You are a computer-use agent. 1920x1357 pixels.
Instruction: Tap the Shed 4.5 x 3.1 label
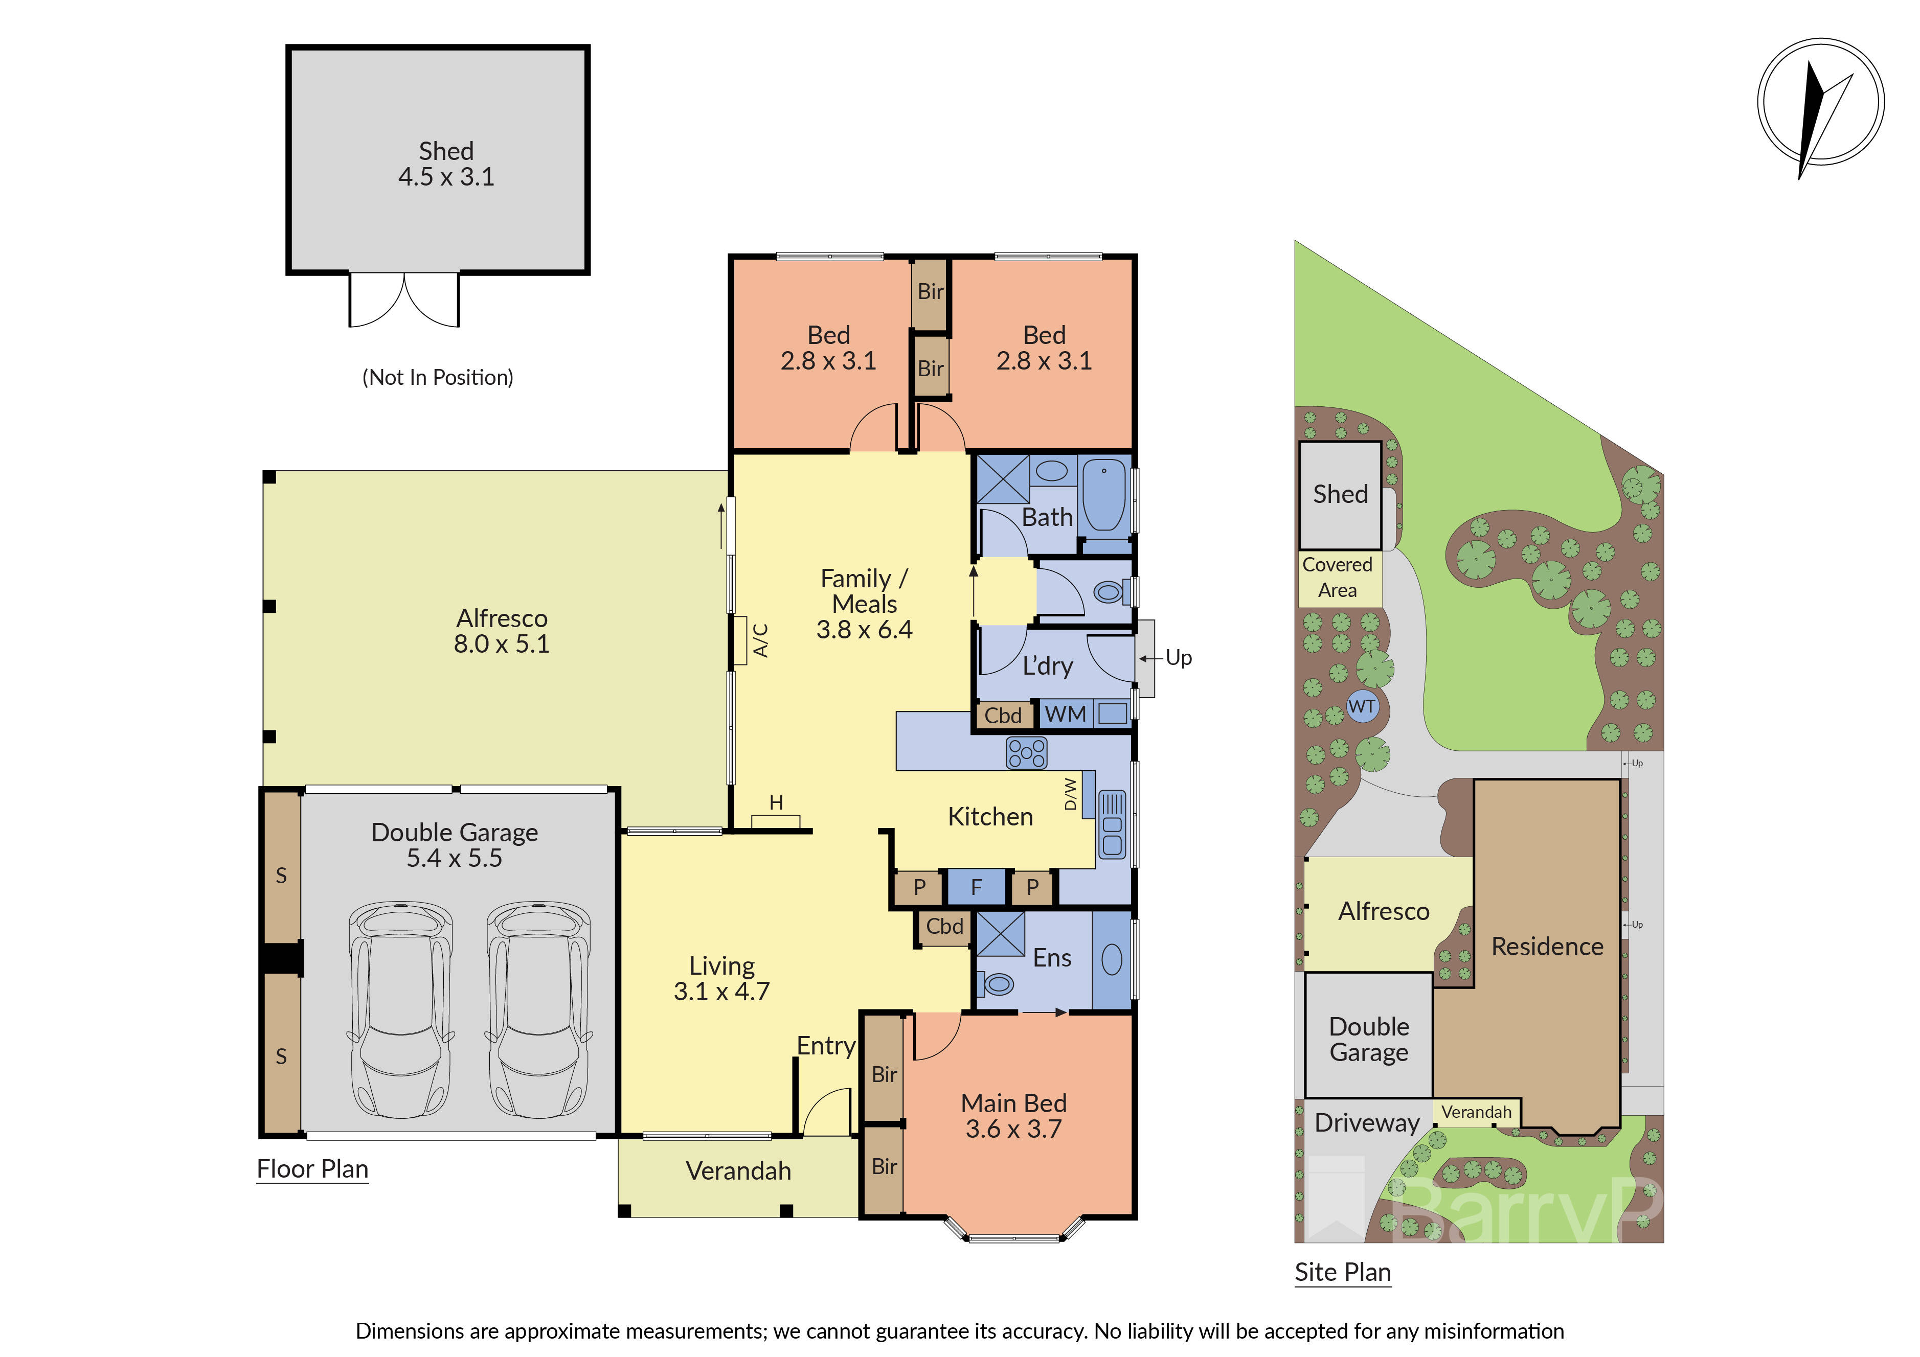(x=446, y=164)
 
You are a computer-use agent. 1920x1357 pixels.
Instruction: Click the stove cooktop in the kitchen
(x=1026, y=752)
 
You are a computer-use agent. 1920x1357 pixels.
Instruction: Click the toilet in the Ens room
(x=997, y=984)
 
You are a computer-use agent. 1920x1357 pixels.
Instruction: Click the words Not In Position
(x=437, y=377)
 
